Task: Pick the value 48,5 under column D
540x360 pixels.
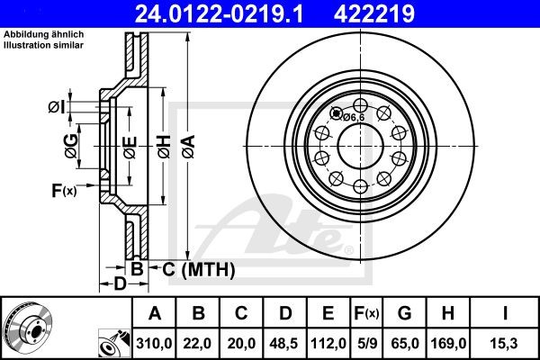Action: click(x=286, y=343)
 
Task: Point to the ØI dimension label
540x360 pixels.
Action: click(x=56, y=108)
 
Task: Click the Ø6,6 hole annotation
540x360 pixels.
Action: click(x=352, y=116)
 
